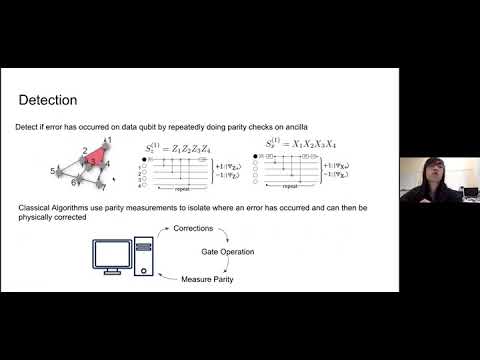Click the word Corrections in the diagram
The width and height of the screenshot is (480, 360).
(x=193, y=229)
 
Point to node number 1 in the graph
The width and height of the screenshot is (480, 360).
(x=107, y=140)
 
